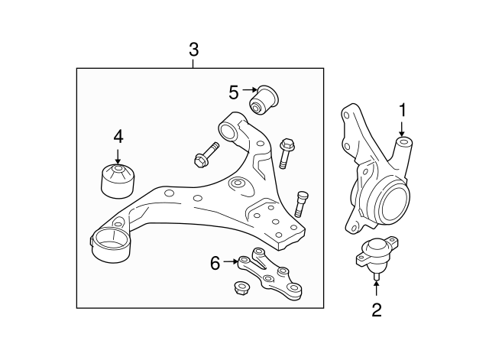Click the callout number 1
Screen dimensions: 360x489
402,110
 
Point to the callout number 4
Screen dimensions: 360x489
118,137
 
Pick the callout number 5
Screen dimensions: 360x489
234,92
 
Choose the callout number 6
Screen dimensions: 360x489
215,264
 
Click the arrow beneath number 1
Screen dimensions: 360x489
402,129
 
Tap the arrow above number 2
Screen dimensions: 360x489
376,287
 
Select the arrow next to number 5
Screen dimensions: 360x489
251,92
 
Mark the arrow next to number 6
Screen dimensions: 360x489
232,264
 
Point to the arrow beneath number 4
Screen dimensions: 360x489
118,155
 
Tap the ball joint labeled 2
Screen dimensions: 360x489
374,255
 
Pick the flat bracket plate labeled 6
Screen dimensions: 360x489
270,273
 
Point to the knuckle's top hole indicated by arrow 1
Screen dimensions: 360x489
403,142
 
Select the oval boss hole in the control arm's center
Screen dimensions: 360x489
238,184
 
